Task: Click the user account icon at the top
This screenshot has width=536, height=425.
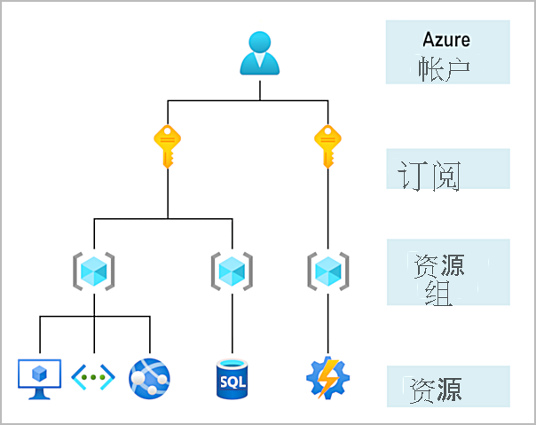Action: [x=260, y=53]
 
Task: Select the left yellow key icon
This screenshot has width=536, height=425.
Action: [x=168, y=145]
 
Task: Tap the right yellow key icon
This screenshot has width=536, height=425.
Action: [x=328, y=145]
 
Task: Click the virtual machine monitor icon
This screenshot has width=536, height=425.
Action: [x=40, y=377]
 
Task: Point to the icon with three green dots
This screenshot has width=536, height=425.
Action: [x=93, y=377]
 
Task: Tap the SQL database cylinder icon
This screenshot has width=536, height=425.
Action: [x=232, y=378]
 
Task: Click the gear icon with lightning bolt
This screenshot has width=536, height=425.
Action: [x=328, y=378]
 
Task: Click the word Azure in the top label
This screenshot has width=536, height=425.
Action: [x=446, y=39]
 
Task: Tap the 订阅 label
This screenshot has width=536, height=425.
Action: [x=430, y=176]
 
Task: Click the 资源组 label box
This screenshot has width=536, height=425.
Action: [x=447, y=272]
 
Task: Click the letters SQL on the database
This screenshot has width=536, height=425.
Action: [x=232, y=382]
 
